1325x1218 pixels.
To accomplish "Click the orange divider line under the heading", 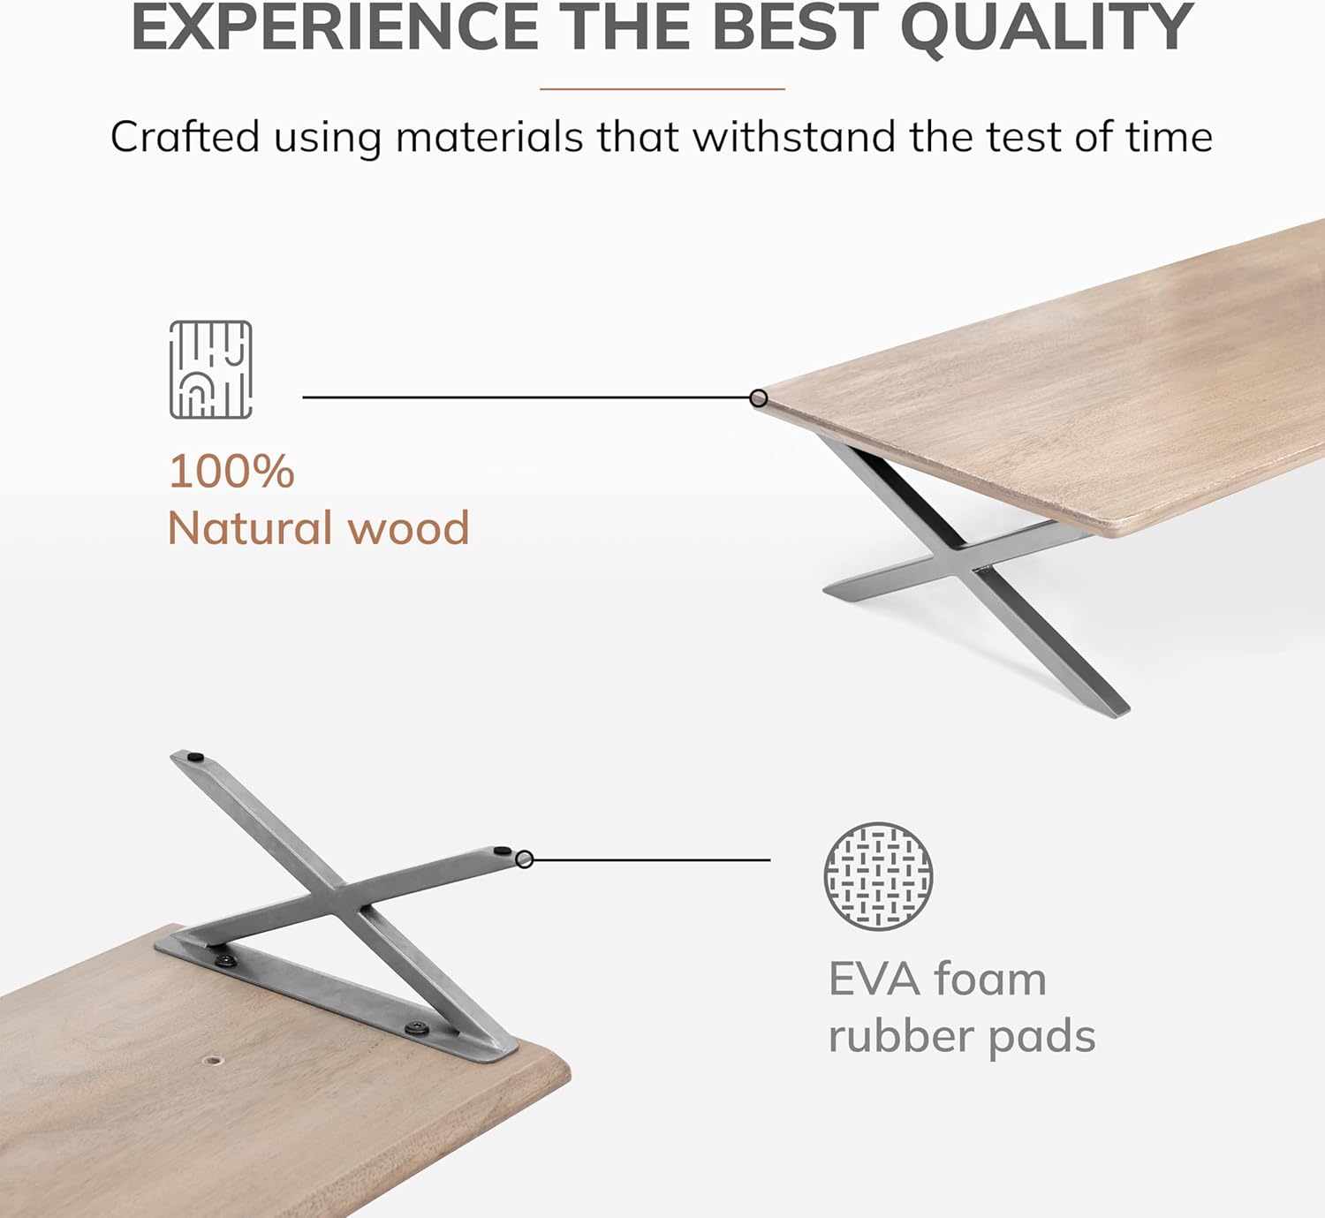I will tap(662, 88).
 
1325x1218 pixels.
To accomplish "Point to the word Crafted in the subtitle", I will tap(185, 138).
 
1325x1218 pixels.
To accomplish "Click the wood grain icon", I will tap(210, 369).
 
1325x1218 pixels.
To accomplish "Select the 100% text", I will tap(231, 471).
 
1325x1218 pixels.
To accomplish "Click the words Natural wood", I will tap(318, 528).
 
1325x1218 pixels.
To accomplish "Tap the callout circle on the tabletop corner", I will tap(758, 398).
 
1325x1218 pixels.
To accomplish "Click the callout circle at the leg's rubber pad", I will tap(525, 859).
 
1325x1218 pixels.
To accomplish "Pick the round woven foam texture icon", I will tap(878, 875).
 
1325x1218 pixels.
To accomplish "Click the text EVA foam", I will tap(936, 979).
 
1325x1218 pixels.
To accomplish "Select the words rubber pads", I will tap(961, 1036).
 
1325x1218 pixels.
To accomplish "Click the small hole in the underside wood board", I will tap(213, 1058).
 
